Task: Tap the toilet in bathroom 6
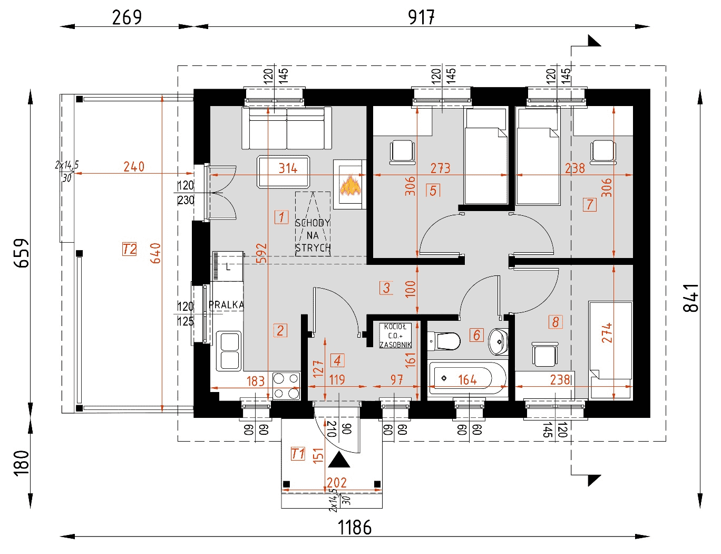[x=445, y=341]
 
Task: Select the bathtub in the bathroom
[x=467, y=379]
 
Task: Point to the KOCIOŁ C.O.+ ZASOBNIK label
[x=395, y=336]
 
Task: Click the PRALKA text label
[x=227, y=305]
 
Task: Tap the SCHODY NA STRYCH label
[x=313, y=235]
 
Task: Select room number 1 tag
[x=281, y=216]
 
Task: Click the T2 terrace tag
[x=129, y=249]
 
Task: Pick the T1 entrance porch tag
[x=298, y=453]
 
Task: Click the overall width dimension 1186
[x=354, y=528]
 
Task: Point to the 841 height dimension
[x=691, y=298]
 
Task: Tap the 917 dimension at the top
[x=421, y=17]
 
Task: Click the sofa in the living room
[x=287, y=128]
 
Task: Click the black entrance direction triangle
[x=339, y=461]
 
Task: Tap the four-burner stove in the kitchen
[x=286, y=386]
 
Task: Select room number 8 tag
[x=555, y=321]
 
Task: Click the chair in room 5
[x=402, y=151]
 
